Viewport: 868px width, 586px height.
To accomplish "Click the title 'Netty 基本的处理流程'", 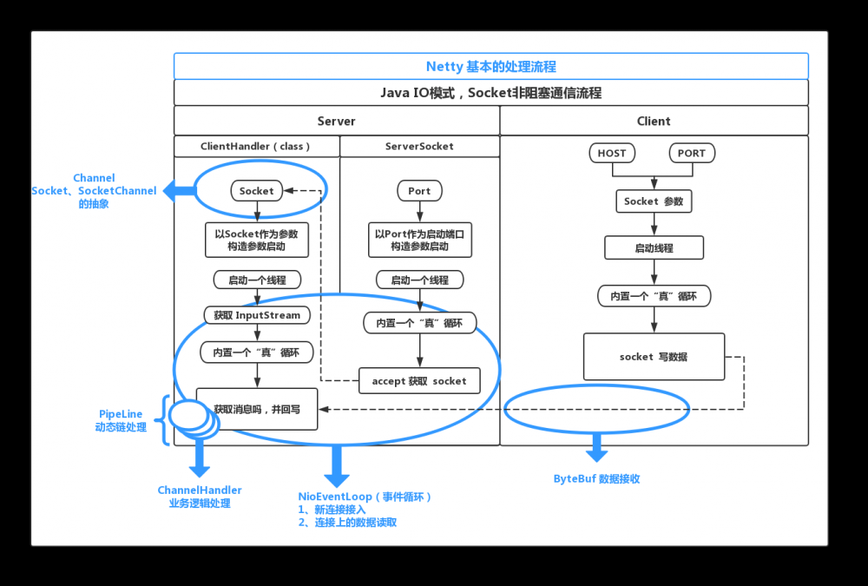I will coord(490,67).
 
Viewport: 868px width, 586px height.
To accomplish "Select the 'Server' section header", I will coord(336,122).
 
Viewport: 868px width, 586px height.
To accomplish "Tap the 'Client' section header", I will coord(654,122).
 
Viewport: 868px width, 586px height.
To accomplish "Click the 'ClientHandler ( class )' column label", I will coord(255,147).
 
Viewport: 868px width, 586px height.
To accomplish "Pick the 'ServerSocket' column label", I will coord(419,147).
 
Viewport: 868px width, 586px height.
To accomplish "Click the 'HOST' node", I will coord(611,154).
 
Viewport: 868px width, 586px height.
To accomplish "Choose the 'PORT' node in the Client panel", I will coord(692,154).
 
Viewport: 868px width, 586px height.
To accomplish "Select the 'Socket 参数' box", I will coord(654,201).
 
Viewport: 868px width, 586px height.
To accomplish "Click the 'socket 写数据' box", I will coord(654,357).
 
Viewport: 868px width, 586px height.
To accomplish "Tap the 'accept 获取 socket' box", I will coord(419,381).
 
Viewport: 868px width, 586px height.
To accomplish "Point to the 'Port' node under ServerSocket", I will coord(419,191).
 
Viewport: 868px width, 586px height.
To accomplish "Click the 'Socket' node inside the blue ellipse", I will coord(256,191).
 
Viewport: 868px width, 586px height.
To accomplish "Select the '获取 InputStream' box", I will coord(256,315).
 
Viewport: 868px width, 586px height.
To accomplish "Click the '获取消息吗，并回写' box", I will coord(257,409).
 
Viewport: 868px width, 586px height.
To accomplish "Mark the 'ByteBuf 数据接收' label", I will coord(596,479).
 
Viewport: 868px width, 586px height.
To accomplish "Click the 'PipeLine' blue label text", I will coord(121,415).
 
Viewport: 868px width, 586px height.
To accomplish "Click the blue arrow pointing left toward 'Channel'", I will coord(181,191).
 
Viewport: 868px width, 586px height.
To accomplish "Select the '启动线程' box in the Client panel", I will coord(654,248).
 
